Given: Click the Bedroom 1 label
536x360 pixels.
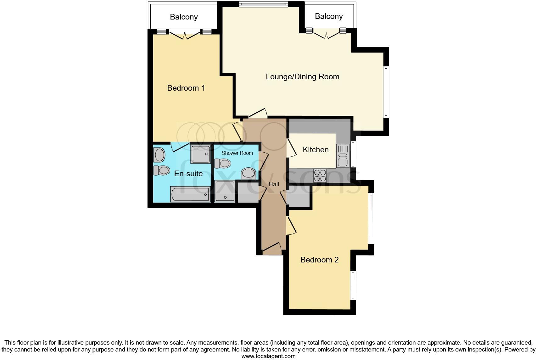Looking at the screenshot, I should tap(186, 88).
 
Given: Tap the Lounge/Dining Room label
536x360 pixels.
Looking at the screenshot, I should tap(302, 77).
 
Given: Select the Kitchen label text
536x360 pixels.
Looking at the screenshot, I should tap(315, 150).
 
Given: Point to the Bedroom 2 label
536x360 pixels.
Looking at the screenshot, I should tap(319, 260).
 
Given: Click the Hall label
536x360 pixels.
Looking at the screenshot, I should tap(274, 184).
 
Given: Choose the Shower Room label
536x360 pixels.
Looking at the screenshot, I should tap(237, 153).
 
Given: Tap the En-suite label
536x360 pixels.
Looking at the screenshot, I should tap(188, 174).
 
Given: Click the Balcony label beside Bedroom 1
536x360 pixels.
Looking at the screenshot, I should tap(184, 17).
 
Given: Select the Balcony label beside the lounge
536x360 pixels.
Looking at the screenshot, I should tap(329, 16).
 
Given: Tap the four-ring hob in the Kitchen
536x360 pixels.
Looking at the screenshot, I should tap(320, 176).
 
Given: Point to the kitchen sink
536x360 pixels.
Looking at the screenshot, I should tap(342, 156).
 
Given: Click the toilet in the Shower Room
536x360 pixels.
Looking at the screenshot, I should tap(222, 163).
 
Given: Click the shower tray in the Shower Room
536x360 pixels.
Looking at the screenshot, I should tap(225, 191).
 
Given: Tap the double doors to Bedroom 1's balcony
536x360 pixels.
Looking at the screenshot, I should tap(185, 34).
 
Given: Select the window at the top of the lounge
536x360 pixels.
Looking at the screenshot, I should tap(263, 4).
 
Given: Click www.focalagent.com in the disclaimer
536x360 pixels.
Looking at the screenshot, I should tap(268, 356).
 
